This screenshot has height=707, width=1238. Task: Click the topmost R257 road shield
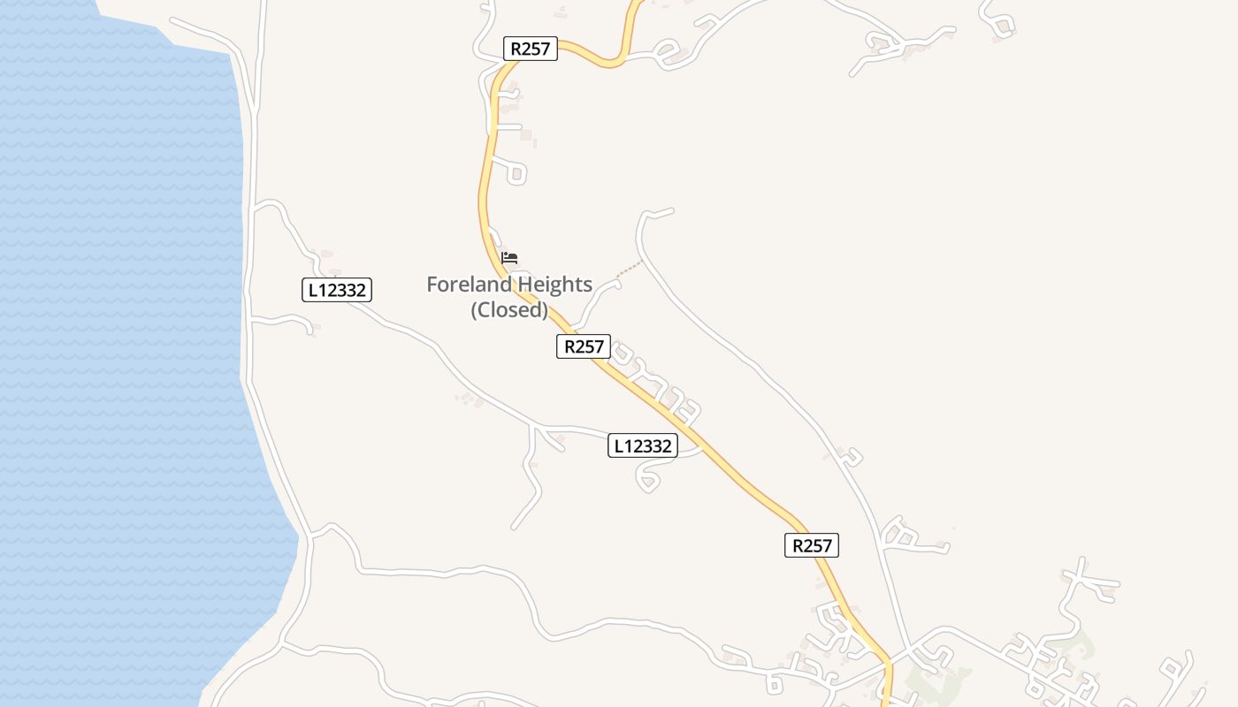531,49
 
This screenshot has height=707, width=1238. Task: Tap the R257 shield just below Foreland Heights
584,346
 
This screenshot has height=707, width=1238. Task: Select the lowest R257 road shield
812,545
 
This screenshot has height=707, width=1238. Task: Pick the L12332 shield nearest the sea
337,290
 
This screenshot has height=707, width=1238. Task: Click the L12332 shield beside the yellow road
643,445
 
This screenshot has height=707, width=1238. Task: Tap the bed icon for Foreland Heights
509,258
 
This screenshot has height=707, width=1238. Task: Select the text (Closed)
509,310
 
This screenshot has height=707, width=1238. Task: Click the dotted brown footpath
630,269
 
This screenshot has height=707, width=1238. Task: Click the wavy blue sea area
115,353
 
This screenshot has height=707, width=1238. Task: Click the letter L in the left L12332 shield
311,290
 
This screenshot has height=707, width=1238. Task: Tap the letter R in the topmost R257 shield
516,49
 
